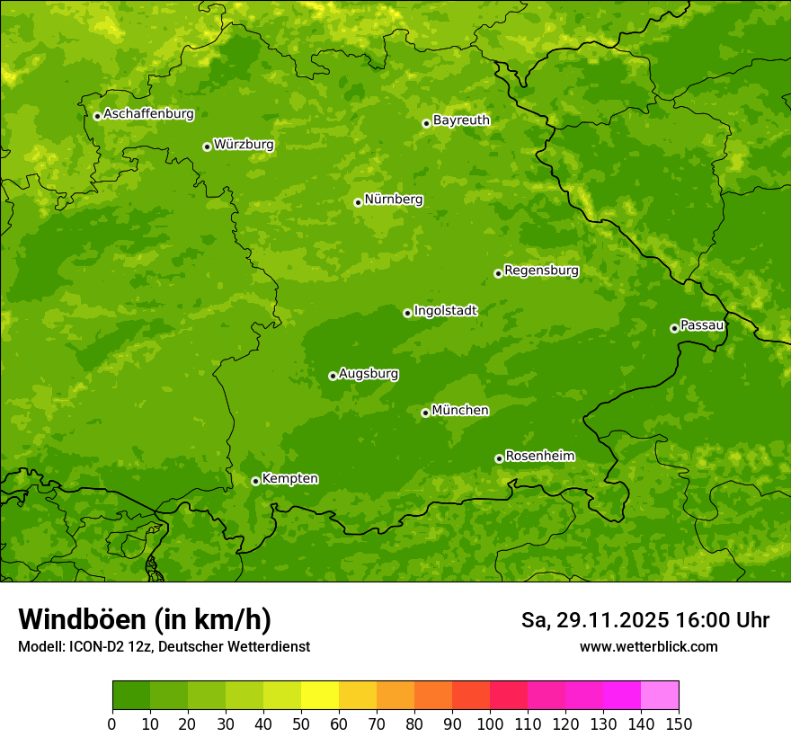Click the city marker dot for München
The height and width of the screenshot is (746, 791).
[425, 413]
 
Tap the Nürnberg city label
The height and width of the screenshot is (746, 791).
[393, 200]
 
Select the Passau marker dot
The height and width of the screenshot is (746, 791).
[674, 328]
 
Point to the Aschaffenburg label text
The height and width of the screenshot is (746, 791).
[148, 114]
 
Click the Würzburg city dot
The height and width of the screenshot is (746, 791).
[207, 147]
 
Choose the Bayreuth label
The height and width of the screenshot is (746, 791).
[461, 120]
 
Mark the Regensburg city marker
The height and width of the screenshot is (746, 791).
[498, 273]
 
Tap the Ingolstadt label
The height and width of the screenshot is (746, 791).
[445, 311]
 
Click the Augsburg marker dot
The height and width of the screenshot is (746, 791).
[333, 376]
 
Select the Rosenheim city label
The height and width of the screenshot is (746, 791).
[539, 457]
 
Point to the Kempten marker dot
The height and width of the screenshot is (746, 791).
[255, 481]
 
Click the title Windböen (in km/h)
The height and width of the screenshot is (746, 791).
[145, 619]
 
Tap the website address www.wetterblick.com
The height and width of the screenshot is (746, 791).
[648, 646]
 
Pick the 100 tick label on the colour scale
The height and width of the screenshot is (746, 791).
[490, 724]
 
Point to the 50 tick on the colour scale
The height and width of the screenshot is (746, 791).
[301, 724]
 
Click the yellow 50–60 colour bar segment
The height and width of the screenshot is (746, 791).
[320, 696]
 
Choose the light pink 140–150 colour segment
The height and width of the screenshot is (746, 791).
[660, 696]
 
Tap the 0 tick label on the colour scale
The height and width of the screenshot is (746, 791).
[112, 724]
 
